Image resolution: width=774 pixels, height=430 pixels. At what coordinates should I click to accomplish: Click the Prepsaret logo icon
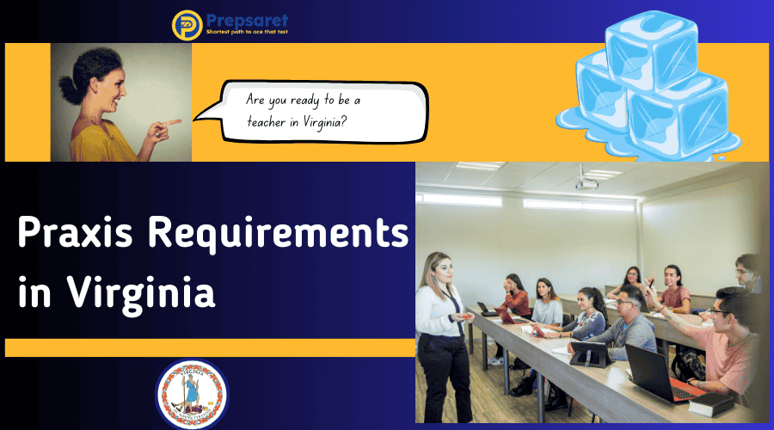pos(187,23)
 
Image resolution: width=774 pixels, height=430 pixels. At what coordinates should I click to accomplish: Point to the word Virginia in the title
pos(142,292)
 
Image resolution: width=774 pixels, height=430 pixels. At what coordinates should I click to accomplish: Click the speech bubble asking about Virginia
pos(322,111)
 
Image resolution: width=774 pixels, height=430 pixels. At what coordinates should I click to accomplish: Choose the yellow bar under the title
pos(210,347)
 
